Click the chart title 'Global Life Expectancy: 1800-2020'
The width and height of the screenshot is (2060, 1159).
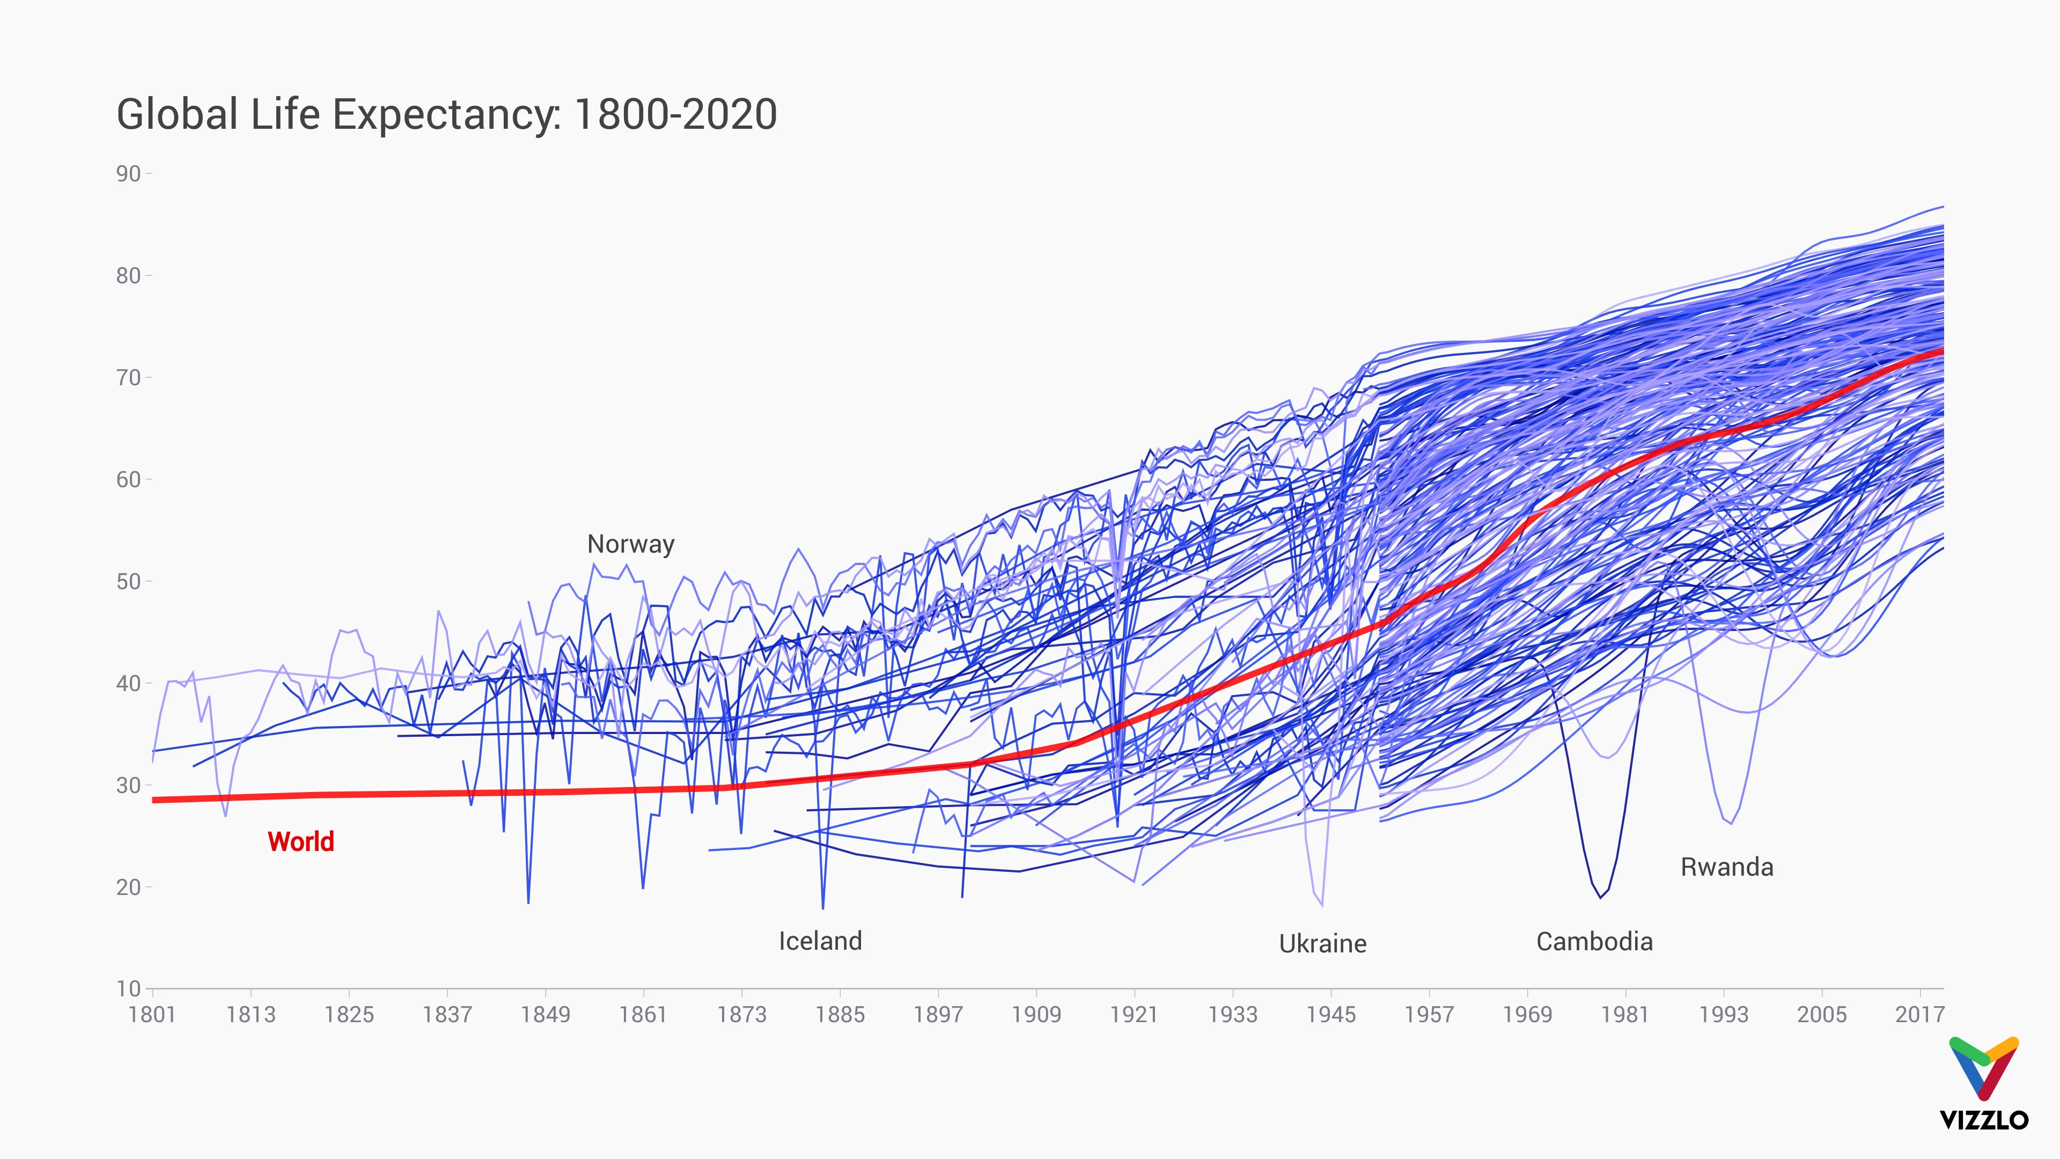click(446, 114)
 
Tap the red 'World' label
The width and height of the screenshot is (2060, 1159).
click(300, 841)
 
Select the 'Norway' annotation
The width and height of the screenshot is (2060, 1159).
click(630, 544)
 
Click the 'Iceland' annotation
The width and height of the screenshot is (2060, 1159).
click(820, 941)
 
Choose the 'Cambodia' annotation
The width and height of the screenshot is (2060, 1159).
click(1594, 942)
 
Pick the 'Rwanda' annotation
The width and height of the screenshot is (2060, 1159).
click(1726, 867)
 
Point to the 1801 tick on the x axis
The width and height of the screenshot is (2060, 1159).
click(152, 1014)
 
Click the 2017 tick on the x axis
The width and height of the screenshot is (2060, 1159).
click(1919, 1014)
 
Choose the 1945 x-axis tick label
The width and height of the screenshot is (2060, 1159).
click(1330, 1014)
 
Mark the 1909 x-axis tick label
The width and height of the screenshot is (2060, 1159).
click(1036, 1014)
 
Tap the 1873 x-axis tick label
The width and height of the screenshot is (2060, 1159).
click(741, 1014)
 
